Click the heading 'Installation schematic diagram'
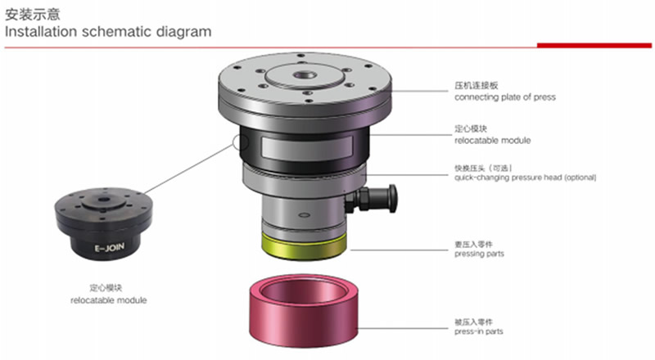point(108,32)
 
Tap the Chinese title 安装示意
point(33,14)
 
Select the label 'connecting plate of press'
point(505,97)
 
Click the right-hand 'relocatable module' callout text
point(493,141)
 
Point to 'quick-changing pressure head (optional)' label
point(525,178)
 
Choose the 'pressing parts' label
point(479,254)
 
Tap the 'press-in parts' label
point(479,331)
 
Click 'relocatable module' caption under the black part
point(109,300)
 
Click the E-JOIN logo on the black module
point(110,248)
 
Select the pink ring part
point(304,310)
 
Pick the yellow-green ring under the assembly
point(304,247)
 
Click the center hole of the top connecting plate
point(305,75)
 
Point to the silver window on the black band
point(307,148)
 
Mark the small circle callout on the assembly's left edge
point(240,142)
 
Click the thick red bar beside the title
point(594,46)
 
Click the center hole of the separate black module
point(103,200)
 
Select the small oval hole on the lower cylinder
point(305,215)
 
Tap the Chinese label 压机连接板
point(477,86)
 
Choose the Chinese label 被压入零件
point(474,322)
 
